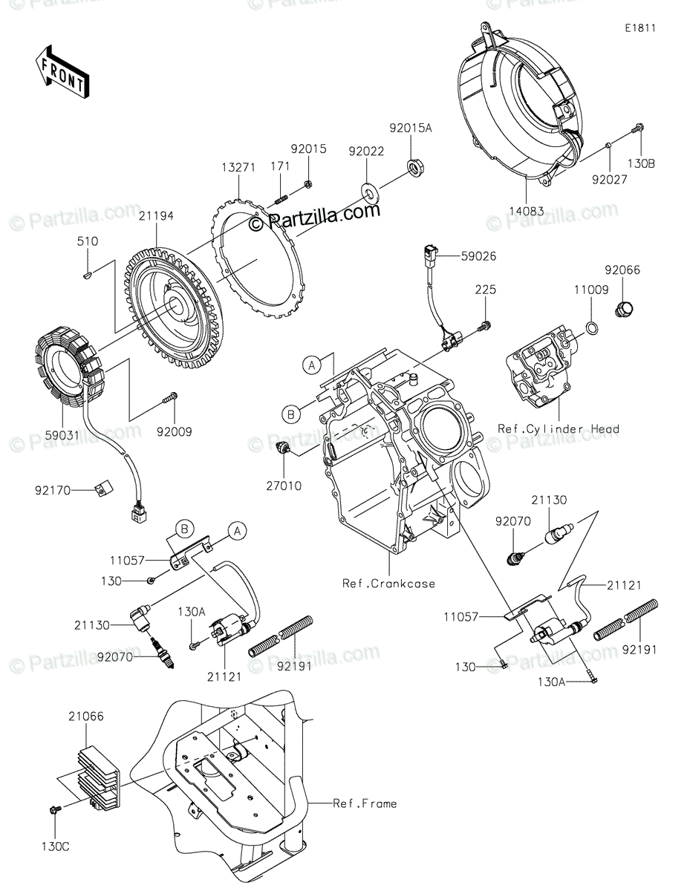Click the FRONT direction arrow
(62, 71)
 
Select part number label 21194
(155, 215)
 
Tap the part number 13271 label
(237, 169)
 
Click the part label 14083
(526, 211)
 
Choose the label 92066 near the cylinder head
(622, 272)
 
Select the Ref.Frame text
(364, 803)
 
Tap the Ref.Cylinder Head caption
(559, 428)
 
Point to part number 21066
(86, 717)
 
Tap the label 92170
(52, 489)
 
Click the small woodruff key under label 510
(87, 275)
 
